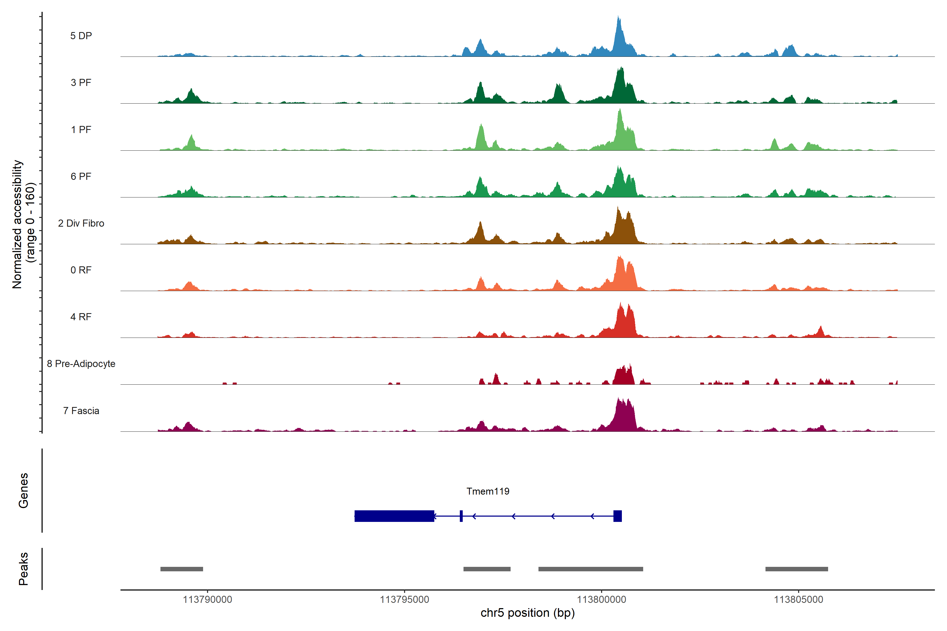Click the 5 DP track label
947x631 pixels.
tap(81, 36)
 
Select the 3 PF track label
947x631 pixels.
tap(81, 83)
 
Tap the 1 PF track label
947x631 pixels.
tap(81, 130)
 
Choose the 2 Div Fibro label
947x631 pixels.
tap(81, 223)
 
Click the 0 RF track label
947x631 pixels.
tap(81, 270)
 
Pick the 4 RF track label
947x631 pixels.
tap(81, 317)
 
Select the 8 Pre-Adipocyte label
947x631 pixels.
tap(81, 364)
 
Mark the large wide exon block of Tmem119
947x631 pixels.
tap(394, 516)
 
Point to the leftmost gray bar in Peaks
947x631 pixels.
tap(182, 569)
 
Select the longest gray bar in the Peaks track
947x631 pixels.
tap(590, 569)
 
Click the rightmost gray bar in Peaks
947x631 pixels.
tap(797, 569)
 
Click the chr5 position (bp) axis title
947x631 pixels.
tap(527, 613)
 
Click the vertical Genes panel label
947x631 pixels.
tap(23, 491)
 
